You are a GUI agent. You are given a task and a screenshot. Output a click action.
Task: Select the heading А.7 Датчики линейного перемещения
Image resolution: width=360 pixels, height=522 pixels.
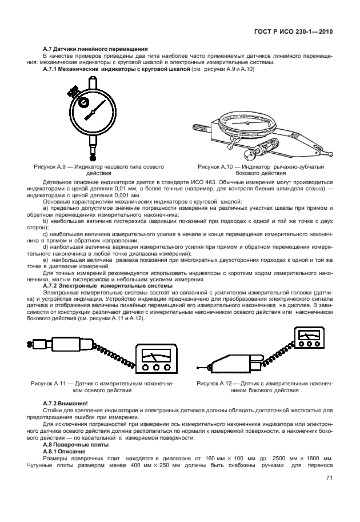click(96, 49)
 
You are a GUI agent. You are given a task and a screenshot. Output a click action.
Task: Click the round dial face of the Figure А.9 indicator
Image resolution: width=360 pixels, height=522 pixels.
click(93, 108)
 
